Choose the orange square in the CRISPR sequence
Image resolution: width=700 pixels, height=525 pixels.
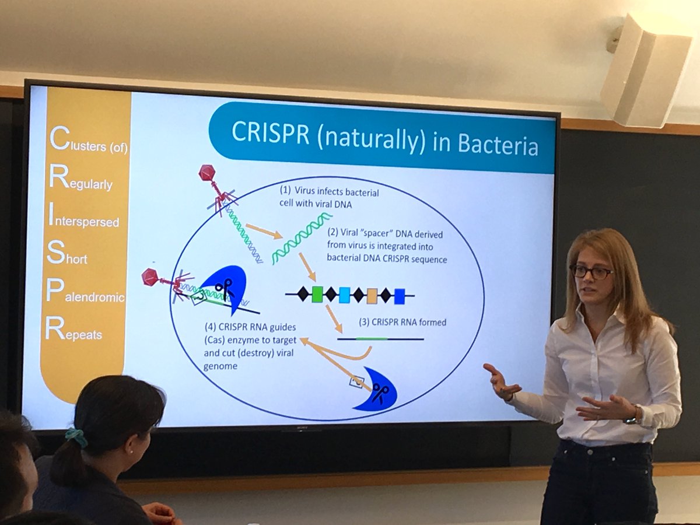[372, 296]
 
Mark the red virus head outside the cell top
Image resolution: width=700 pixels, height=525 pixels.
[207, 173]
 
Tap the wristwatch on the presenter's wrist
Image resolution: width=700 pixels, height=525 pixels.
[632, 418]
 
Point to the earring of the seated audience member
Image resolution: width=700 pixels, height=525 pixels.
[129, 450]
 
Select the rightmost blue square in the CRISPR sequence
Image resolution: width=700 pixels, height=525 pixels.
[399, 296]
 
